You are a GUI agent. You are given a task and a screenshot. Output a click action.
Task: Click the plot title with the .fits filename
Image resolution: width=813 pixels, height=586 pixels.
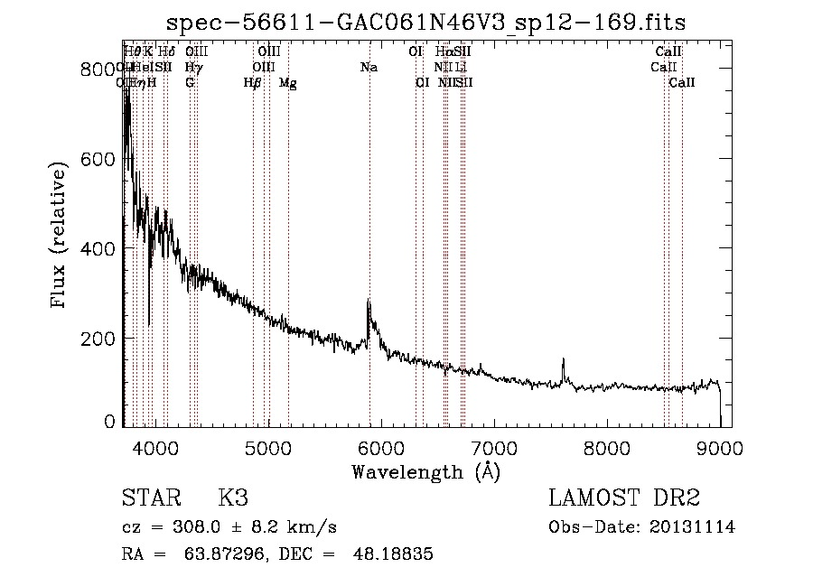click(432, 22)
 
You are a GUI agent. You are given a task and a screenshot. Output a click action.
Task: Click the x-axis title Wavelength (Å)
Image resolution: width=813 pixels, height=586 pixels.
click(426, 470)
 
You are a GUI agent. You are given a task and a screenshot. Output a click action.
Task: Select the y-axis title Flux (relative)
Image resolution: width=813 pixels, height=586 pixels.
click(61, 237)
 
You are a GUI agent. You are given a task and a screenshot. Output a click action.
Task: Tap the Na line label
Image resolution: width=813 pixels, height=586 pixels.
click(369, 67)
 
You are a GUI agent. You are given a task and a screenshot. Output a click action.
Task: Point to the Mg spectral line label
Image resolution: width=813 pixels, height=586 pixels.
click(288, 83)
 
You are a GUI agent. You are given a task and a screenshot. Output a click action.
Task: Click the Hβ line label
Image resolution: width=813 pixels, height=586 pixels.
click(253, 83)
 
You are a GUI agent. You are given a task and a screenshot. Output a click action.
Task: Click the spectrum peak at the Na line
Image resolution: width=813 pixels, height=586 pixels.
click(369, 302)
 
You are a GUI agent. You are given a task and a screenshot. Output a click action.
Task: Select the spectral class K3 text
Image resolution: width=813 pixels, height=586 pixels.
click(232, 499)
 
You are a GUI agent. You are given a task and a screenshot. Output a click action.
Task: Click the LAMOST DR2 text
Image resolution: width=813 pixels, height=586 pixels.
click(624, 499)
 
